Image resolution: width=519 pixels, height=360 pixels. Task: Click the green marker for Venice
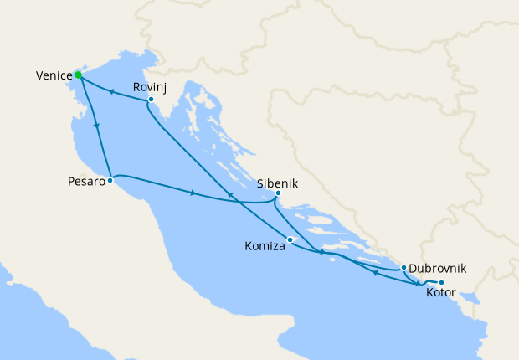tap(78, 75)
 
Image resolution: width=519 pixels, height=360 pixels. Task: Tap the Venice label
tap(53, 76)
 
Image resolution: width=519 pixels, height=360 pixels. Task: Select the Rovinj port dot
tap(150, 100)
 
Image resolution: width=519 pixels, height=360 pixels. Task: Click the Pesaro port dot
tap(110, 180)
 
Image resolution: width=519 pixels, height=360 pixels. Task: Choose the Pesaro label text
tap(87, 181)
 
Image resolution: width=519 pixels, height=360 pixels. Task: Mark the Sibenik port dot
tap(278, 196)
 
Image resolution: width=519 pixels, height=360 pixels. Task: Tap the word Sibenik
tap(278, 183)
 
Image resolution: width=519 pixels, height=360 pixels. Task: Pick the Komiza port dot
tap(290, 241)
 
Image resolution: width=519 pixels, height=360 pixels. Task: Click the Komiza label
tap(265, 247)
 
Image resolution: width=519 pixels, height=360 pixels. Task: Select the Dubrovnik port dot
tap(403, 268)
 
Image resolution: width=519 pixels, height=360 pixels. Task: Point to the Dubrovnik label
tap(438, 269)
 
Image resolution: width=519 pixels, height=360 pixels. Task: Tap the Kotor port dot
tap(441, 282)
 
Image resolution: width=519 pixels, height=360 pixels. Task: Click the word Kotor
tap(441, 295)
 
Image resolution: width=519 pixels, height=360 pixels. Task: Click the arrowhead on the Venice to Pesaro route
tap(99, 127)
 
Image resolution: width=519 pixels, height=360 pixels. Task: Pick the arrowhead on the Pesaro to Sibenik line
tap(193, 194)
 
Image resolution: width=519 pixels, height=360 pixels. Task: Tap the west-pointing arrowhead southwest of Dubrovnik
tap(374, 272)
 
